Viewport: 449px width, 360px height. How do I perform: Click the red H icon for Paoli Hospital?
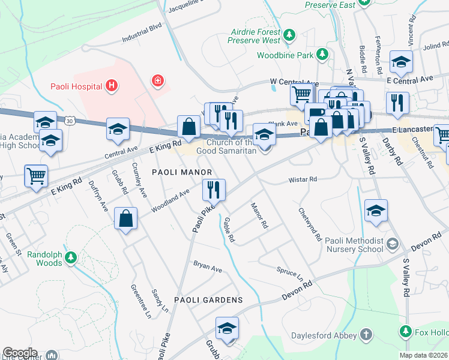[111, 86]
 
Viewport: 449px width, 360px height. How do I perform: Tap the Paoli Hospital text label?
[76, 86]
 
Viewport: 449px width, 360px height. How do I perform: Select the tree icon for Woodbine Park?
[323, 55]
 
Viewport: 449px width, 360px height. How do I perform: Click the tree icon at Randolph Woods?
[71, 258]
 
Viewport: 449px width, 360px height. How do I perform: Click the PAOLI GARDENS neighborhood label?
[208, 299]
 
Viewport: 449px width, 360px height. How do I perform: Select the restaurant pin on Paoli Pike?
[214, 190]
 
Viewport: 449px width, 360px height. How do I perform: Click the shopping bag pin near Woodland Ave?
[127, 219]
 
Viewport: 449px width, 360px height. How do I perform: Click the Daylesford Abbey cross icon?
[364, 335]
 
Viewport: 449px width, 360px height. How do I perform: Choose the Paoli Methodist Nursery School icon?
[393, 243]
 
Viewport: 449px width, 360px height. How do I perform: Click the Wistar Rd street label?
[303, 179]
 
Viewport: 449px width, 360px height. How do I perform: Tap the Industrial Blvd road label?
[142, 37]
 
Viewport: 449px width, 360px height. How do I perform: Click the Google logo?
[20, 353]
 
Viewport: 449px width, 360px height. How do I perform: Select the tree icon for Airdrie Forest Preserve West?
[290, 35]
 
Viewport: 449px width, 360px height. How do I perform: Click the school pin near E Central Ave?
[401, 61]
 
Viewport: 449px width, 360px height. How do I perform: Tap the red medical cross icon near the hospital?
[158, 80]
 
